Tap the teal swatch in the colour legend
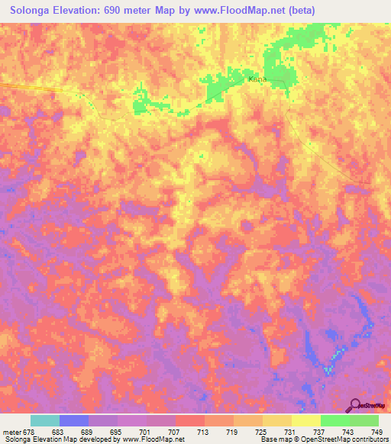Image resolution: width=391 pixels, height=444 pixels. click(x=45, y=420)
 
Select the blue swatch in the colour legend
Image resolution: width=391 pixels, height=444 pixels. click(x=74, y=420)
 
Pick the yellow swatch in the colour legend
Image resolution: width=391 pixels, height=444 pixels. click(x=305, y=420)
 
